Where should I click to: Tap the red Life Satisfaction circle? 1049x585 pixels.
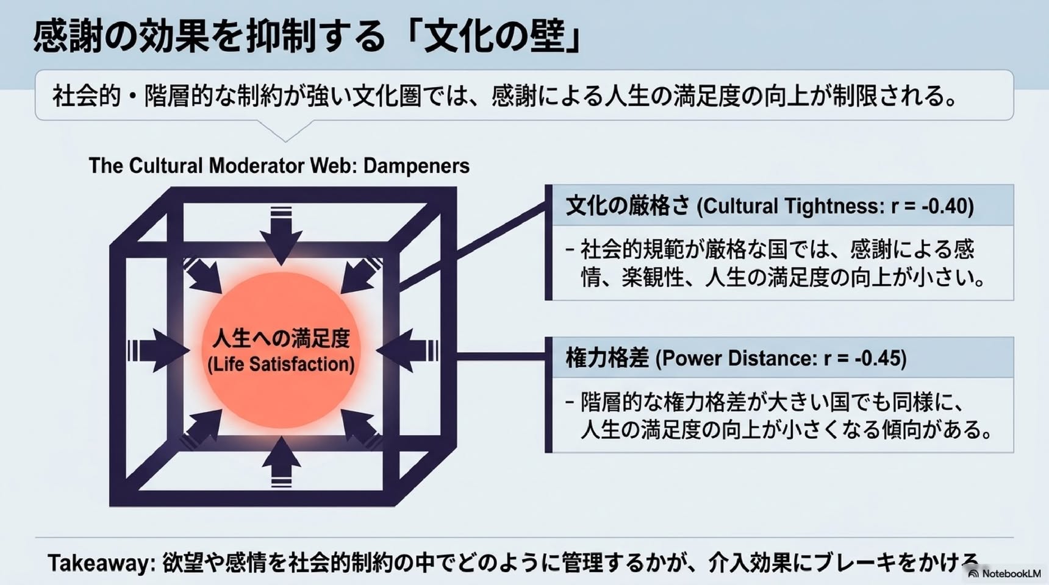pyautogui.click(x=281, y=351)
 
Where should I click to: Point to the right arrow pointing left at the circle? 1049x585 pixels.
pyautogui.click(x=407, y=351)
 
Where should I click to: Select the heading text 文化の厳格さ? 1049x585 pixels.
pyautogui.click(x=628, y=206)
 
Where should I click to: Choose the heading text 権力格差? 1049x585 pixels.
pyautogui.click(x=607, y=358)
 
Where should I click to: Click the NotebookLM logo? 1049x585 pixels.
pyautogui.click(x=1004, y=573)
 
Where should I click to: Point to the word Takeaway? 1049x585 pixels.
pyautogui.click(x=98, y=563)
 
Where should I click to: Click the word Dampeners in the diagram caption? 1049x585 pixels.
pyautogui.click(x=417, y=166)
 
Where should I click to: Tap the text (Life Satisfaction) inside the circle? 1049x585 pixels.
pyautogui.click(x=281, y=364)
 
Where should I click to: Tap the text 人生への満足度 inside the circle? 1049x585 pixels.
pyautogui.click(x=281, y=338)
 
